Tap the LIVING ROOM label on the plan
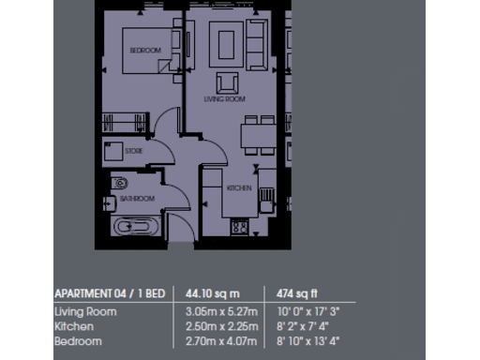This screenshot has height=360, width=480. [x=225, y=98]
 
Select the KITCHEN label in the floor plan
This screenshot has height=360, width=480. [x=239, y=188]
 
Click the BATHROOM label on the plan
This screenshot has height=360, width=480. [x=137, y=199]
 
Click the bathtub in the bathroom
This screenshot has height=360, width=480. [x=137, y=227]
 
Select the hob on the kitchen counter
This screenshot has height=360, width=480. [x=239, y=226]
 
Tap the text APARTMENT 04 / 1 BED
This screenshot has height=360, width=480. [x=110, y=293]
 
